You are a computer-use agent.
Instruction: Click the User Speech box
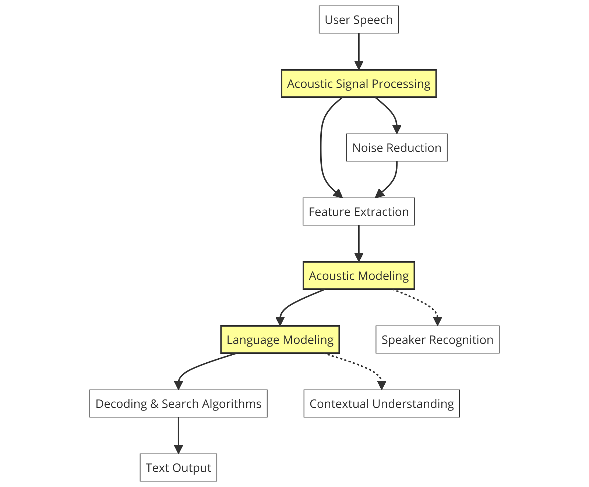pyautogui.click(x=359, y=19)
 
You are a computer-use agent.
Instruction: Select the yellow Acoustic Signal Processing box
pyautogui.click(x=359, y=83)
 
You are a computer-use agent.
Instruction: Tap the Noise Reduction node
pyautogui.click(x=396, y=147)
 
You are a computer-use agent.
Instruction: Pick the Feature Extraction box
pyautogui.click(x=359, y=211)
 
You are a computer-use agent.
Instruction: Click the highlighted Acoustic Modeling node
pyautogui.click(x=359, y=276)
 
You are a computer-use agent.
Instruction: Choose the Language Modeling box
pyautogui.click(x=280, y=340)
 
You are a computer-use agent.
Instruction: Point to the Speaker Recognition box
pyautogui.click(x=437, y=340)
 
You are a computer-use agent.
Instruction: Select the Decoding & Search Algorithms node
pyautogui.click(x=178, y=404)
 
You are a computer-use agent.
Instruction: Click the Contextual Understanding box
pyautogui.click(x=381, y=404)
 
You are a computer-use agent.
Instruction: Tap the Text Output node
pyautogui.click(x=178, y=468)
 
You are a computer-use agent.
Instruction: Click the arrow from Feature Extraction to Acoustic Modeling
pyautogui.click(x=359, y=243)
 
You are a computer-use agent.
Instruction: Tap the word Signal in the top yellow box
pyautogui.click(x=352, y=84)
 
